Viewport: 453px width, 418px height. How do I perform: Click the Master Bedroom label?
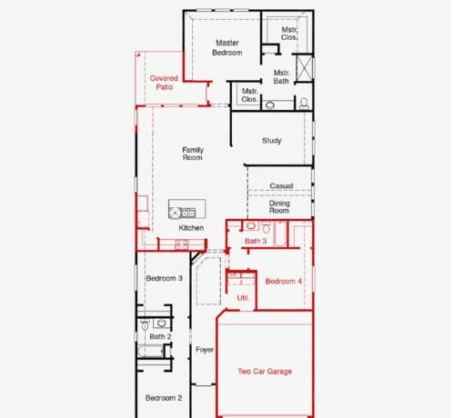pyautogui.click(x=227, y=48)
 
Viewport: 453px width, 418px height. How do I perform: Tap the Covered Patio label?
pyautogui.click(x=164, y=83)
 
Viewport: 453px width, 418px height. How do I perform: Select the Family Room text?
pyautogui.click(x=193, y=154)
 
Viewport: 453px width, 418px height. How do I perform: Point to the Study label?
pyautogui.click(x=272, y=141)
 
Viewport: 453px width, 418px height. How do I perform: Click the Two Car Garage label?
pyautogui.click(x=265, y=372)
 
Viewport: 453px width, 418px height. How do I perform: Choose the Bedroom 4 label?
pyautogui.click(x=283, y=281)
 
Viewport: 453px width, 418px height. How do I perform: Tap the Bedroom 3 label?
pyautogui.click(x=164, y=278)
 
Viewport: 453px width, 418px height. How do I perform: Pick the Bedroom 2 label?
pyautogui.click(x=164, y=398)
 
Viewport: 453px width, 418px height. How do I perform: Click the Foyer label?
pyautogui.click(x=205, y=350)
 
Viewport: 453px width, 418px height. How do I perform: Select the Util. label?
pyautogui.click(x=243, y=298)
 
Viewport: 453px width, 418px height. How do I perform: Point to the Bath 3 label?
pyautogui.click(x=256, y=241)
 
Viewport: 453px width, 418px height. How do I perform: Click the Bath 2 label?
pyautogui.click(x=160, y=336)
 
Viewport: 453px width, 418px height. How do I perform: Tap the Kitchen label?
pyautogui.click(x=191, y=228)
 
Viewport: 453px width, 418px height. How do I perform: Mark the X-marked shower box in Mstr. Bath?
pyautogui.click(x=304, y=68)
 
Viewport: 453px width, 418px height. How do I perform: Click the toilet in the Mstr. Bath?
pyautogui.click(x=304, y=104)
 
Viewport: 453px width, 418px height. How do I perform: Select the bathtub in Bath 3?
pyautogui.click(x=280, y=234)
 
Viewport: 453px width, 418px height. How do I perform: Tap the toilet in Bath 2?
pyautogui.click(x=145, y=325)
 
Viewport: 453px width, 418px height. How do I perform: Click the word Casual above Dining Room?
pyautogui.click(x=281, y=185)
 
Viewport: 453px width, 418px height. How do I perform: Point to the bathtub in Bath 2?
pyautogui.click(x=151, y=352)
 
